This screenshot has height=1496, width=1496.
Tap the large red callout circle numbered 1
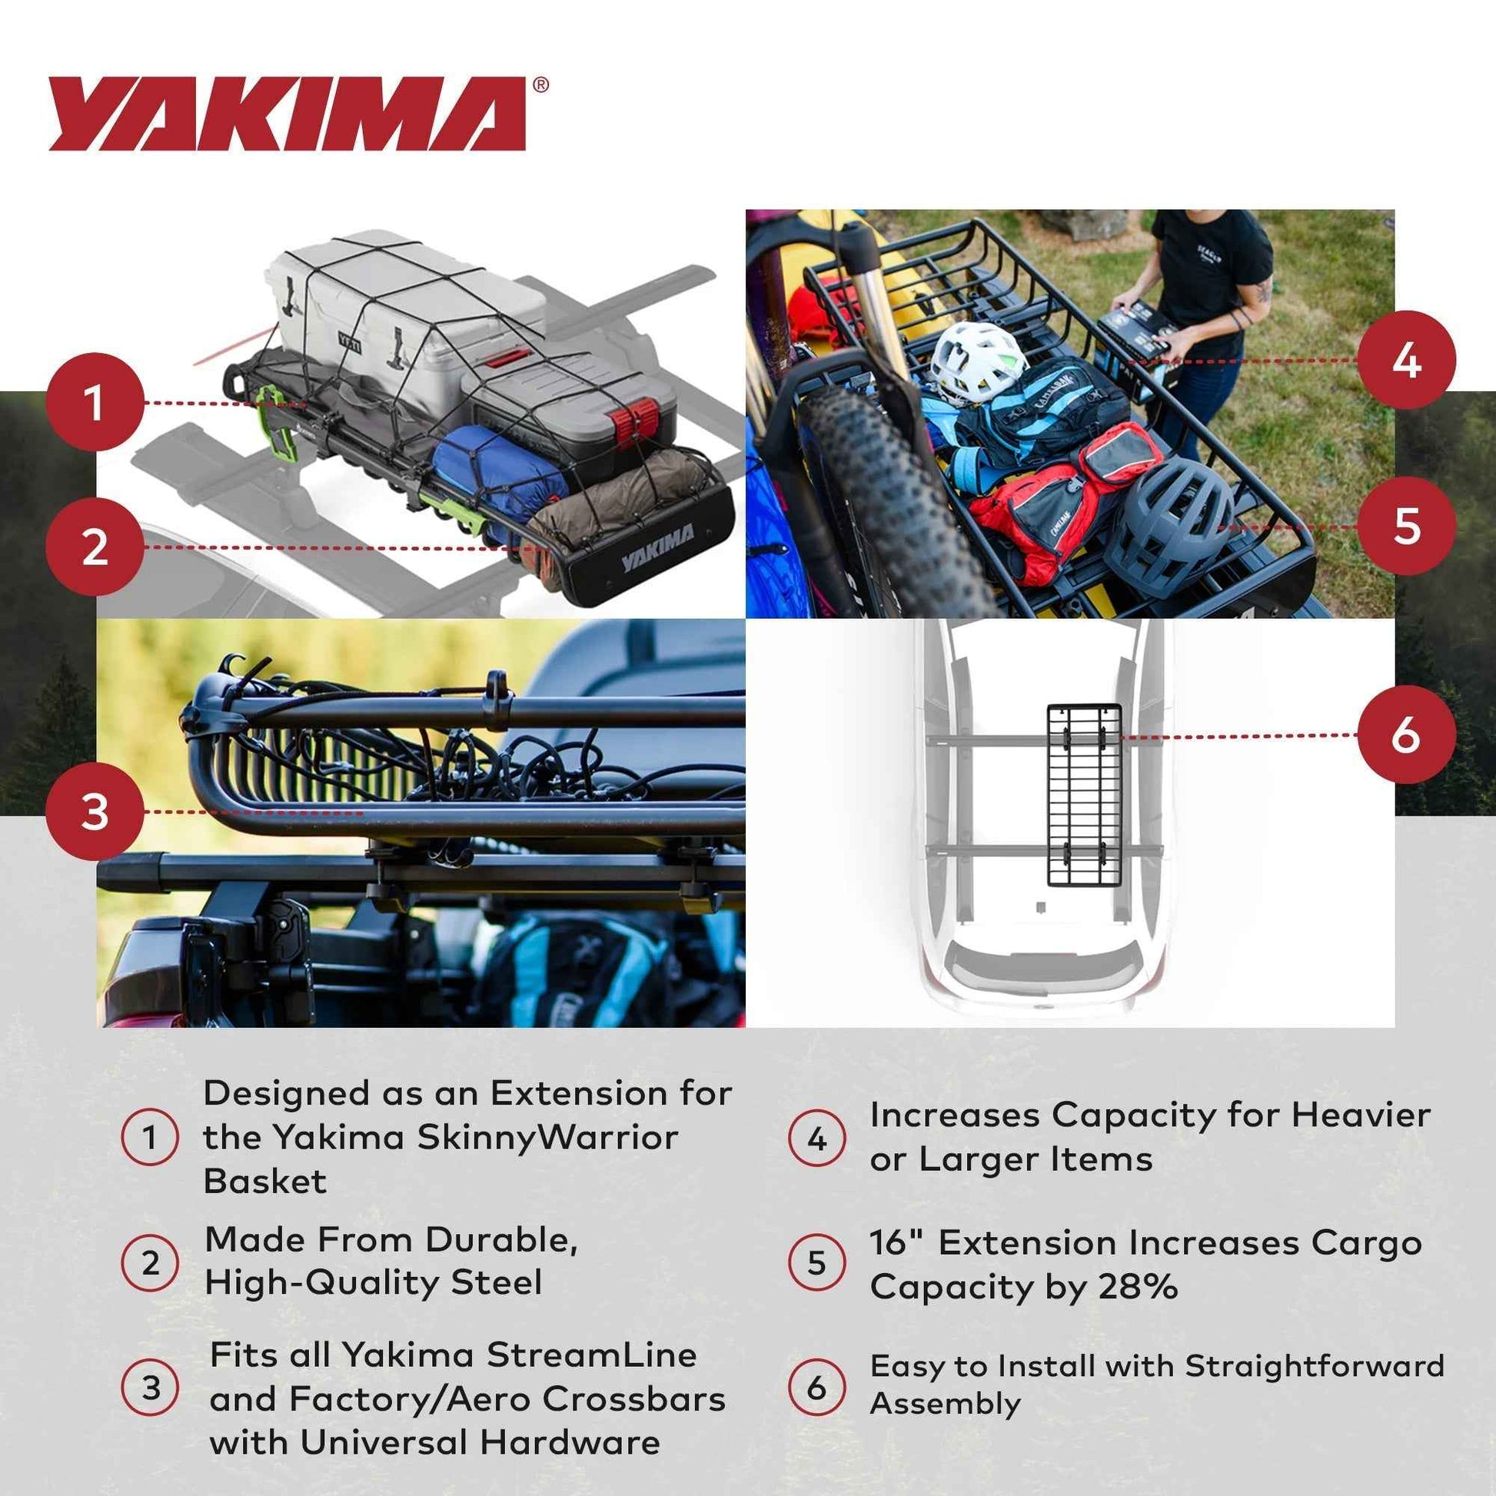pyautogui.click(x=95, y=403)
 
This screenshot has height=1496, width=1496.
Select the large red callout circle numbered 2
pyautogui.click(x=95, y=547)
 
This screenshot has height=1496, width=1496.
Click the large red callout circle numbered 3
pyautogui.click(x=95, y=813)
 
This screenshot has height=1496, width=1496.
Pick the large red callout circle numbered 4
pyautogui.click(x=1406, y=360)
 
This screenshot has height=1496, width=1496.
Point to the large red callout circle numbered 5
pyautogui.click(x=1406, y=526)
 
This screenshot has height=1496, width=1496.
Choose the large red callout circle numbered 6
pyautogui.click(x=1406, y=734)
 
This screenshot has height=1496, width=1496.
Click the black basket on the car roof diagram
pyautogui.click(x=1084, y=794)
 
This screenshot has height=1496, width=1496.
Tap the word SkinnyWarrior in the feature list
pyautogui.click(x=547, y=1138)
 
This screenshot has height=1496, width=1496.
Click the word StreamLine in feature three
pyautogui.click(x=592, y=1355)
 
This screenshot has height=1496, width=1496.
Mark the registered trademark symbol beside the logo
pyautogui.click(x=541, y=85)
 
